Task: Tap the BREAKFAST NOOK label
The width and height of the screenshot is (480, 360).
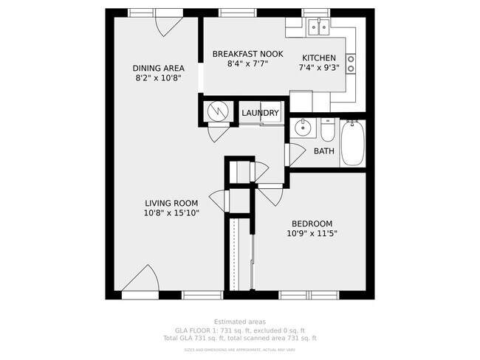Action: click(247, 54)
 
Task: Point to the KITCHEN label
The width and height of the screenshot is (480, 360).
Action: click(319, 58)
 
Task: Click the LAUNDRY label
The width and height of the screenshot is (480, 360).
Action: click(261, 113)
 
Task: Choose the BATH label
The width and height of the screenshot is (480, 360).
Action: click(323, 151)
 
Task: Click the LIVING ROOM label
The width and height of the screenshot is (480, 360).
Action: click(171, 204)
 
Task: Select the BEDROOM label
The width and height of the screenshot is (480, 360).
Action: click(312, 224)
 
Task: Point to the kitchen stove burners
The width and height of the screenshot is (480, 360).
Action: click(351, 64)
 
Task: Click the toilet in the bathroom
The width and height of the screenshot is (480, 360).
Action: click(326, 131)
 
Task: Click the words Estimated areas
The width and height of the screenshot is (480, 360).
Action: click(239, 322)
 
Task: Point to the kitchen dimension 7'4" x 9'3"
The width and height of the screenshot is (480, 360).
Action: click(319, 69)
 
